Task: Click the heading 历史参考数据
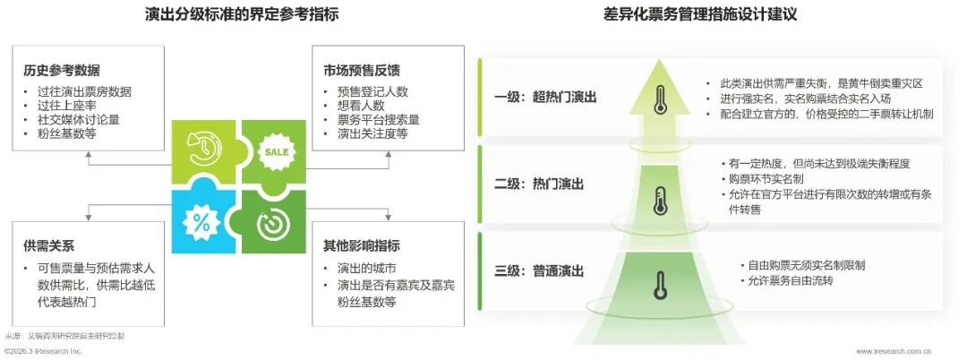(x=63, y=70)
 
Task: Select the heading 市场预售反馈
(x=363, y=70)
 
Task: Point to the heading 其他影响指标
(x=363, y=244)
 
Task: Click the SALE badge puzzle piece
(x=272, y=152)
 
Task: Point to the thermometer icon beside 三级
(x=661, y=284)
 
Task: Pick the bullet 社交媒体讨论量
(x=73, y=119)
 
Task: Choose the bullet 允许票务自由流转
(x=787, y=281)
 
